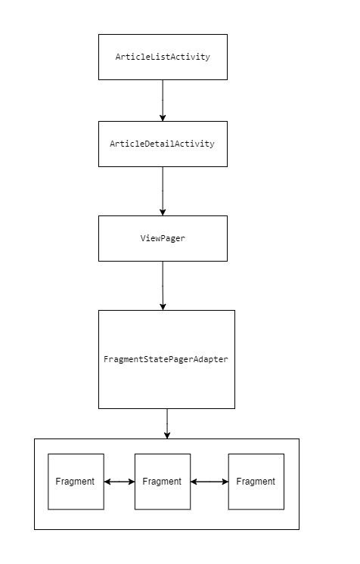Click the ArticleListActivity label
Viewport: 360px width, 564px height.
[x=163, y=57]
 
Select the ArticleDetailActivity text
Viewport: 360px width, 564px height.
[x=162, y=144]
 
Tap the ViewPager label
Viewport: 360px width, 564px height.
[x=163, y=238]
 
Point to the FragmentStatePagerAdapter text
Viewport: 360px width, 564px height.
[x=166, y=359]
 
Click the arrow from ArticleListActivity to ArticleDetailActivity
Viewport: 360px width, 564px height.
[x=163, y=101]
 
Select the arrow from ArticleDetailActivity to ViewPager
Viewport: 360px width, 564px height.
[x=163, y=191]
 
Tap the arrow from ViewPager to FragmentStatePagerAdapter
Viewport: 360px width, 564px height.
[x=163, y=286]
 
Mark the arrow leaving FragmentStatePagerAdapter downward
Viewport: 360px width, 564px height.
[x=167, y=423]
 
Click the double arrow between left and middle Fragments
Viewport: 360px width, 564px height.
[x=119, y=482]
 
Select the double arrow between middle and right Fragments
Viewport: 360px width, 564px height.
[x=209, y=482]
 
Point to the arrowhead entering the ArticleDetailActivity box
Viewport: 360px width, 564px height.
[x=163, y=118]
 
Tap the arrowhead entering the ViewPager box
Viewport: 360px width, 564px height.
[x=163, y=212]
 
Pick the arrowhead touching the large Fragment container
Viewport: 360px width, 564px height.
[x=167, y=435]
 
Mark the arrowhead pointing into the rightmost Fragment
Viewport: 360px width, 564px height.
[x=225, y=482]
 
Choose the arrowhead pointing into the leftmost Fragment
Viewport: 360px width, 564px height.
[x=107, y=482]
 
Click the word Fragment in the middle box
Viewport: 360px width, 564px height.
[x=162, y=482]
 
